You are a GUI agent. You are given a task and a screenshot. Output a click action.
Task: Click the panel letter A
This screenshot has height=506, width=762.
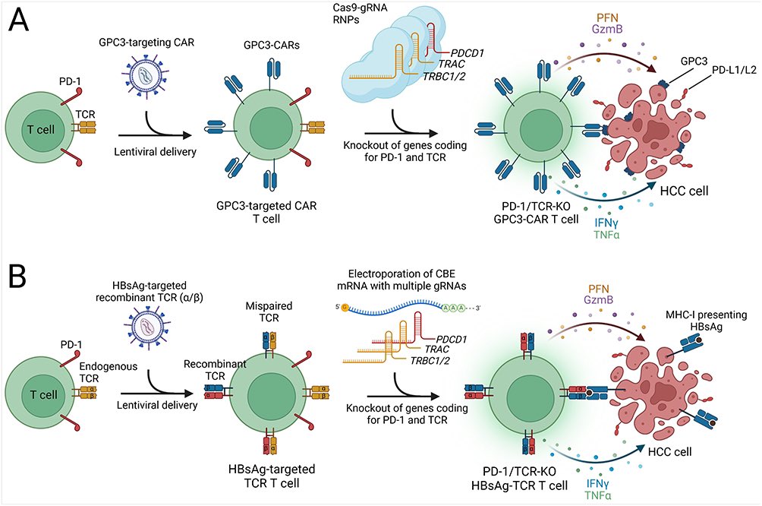(x=20, y=22)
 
